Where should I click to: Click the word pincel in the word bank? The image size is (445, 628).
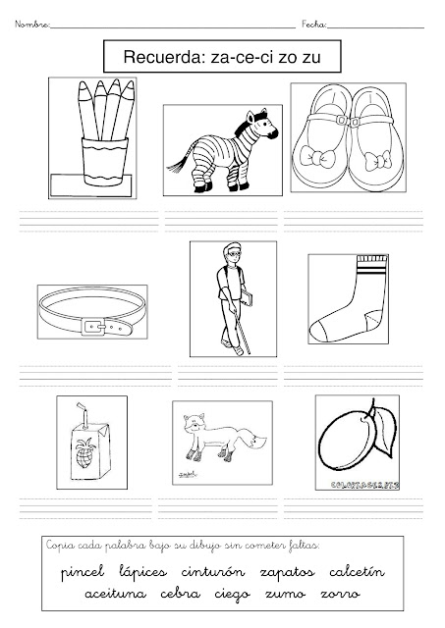83,573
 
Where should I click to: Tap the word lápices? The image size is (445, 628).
142,572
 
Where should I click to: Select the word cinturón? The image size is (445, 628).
212,571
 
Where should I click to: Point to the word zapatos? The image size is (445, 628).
287,573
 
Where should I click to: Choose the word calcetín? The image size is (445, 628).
357,571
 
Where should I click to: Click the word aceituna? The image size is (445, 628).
116,593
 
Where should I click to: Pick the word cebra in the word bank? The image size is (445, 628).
180,593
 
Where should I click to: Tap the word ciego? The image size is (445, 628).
232,595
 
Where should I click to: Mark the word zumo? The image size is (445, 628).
286,594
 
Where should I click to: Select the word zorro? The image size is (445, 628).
340,594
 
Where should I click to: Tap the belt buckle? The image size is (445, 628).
93,327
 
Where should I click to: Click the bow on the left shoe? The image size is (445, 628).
317,157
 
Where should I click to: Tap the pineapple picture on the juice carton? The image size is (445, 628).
85,453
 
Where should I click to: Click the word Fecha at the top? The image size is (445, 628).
314,25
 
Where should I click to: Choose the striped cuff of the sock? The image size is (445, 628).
371,265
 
